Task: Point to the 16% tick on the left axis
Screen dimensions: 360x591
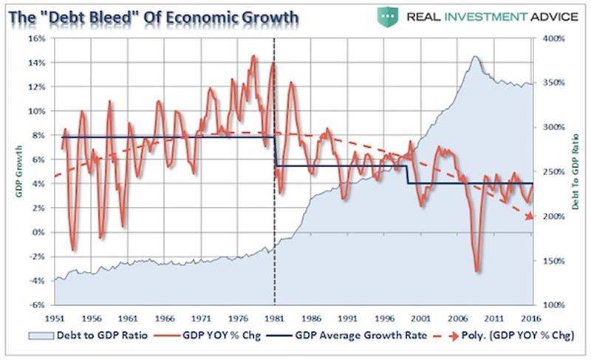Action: (x=36, y=38)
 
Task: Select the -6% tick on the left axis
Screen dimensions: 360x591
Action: (x=36, y=305)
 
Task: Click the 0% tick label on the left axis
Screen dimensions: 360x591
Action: (x=38, y=232)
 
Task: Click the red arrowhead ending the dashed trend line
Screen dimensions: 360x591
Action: (x=529, y=216)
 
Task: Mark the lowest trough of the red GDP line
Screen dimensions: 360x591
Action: (x=477, y=271)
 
